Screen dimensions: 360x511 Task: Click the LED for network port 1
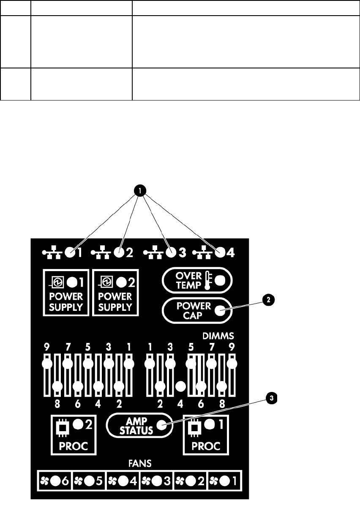[x=70, y=253]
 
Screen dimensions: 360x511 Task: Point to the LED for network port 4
[x=220, y=253]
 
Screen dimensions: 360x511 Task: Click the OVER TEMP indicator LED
[x=220, y=280]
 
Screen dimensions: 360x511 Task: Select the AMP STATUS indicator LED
[x=161, y=425]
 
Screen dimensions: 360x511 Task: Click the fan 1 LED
[x=225, y=481]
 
